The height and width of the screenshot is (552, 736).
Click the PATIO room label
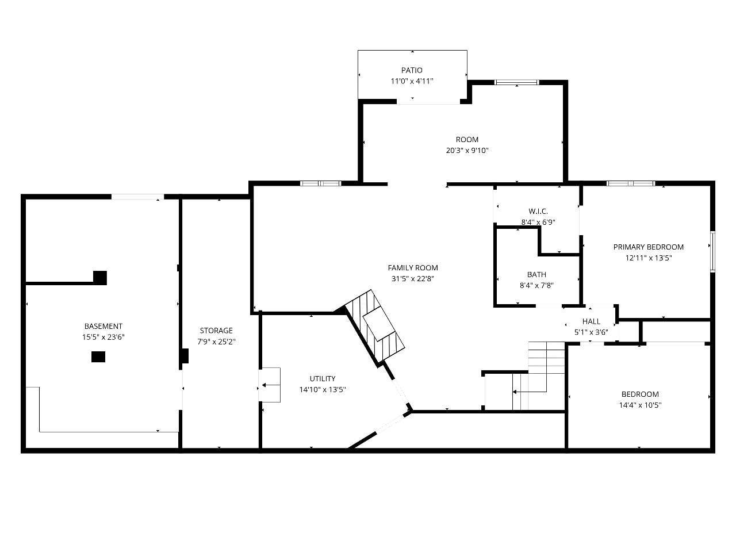pyautogui.click(x=412, y=70)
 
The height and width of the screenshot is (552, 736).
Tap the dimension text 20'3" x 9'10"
pyautogui.click(x=467, y=151)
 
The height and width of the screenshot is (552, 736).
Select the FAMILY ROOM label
pyautogui.click(x=413, y=268)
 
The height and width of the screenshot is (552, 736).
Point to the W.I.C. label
pyautogui.click(x=538, y=212)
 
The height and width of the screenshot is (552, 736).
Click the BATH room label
pyautogui.click(x=536, y=275)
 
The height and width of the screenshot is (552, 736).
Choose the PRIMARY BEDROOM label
pyautogui.click(x=649, y=247)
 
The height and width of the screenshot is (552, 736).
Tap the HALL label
pyautogui.click(x=591, y=322)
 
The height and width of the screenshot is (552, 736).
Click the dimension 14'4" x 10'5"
pyautogui.click(x=640, y=405)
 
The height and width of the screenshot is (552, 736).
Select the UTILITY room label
pyautogui.click(x=323, y=379)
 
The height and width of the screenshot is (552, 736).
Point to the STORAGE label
pyautogui.click(x=216, y=331)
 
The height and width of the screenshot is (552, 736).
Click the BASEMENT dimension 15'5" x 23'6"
pyautogui.click(x=103, y=337)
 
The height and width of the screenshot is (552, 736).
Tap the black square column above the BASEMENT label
pyautogui.click(x=100, y=278)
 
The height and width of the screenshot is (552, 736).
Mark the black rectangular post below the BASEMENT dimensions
pyautogui.click(x=98, y=357)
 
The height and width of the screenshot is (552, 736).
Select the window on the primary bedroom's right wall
pyautogui.click(x=713, y=251)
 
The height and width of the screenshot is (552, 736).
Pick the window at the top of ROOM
pyautogui.click(x=517, y=82)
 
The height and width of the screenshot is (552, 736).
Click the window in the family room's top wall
pyautogui.click(x=320, y=183)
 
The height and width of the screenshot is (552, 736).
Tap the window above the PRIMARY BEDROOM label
pyautogui.click(x=631, y=183)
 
